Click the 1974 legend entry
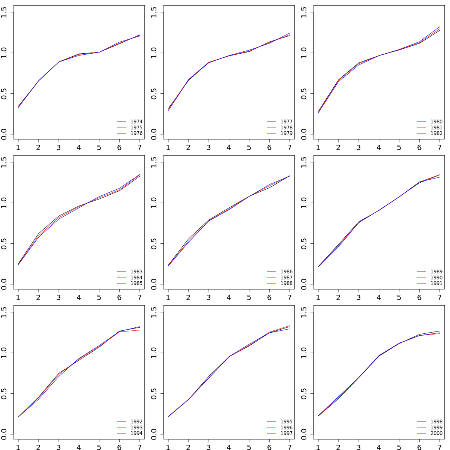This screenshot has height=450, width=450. (x=136, y=121)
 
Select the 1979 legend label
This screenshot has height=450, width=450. (x=286, y=133)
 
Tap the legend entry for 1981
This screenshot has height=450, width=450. (x=436, y=127)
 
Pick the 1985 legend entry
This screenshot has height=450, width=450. (x=136, y=283)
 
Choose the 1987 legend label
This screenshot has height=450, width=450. (x=286, y=277)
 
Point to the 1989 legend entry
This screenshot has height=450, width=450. (x=436, y=271)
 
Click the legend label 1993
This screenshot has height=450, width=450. (x=136, y=427)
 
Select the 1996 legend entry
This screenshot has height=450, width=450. (x=286, y=427)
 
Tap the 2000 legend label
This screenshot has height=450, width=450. (x=436, y=433)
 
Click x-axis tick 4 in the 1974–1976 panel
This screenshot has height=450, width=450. (x=79, y=147)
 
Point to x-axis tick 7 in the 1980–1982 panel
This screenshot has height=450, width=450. (x=439, y=147)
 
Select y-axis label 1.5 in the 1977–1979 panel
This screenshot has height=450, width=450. (x=154, y=12)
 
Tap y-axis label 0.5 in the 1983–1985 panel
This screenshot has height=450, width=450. (x=4, y=244)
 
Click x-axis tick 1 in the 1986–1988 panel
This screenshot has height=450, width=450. (x=168, y=297)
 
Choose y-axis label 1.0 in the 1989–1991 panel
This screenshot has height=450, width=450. (x=304, y=203)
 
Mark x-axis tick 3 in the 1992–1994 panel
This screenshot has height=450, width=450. (x=58, y=447)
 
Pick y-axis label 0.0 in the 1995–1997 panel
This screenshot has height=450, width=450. (x=154, y=434)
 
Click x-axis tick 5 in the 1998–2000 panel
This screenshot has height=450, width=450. (x=399, y=447)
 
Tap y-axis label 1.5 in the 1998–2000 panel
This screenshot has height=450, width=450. (x=304, y=312)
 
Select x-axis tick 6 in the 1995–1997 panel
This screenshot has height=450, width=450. (x=269, y=447)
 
